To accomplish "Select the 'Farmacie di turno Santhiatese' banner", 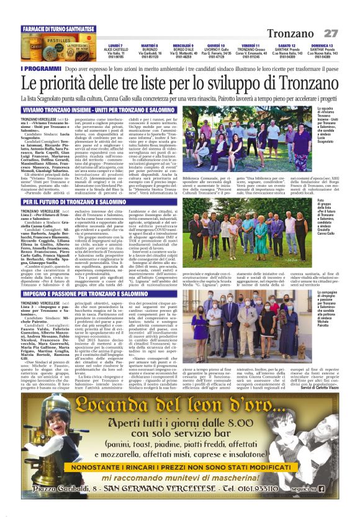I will [x=52, y=29].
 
